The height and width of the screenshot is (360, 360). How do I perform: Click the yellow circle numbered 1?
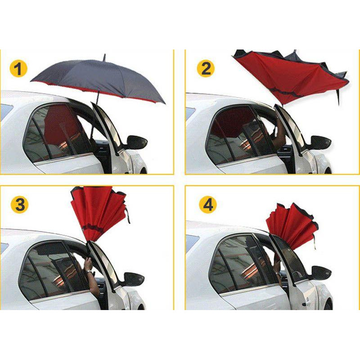point(18,69)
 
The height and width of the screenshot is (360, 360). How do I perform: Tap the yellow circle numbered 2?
point(206,68)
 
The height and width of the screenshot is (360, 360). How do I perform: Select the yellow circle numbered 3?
point(20,204)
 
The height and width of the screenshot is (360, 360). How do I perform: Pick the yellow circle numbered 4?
point(208,204)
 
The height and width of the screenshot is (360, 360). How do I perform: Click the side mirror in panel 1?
point(136,142)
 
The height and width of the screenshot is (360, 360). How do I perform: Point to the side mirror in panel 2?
point(320,143)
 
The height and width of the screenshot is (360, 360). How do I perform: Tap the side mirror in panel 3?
point(134,279)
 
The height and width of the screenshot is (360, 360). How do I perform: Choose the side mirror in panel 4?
point(321,273)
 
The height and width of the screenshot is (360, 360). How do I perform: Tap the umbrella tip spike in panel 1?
point(104,58)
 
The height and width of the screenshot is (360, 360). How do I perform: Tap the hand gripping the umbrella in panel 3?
point(88,263)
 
